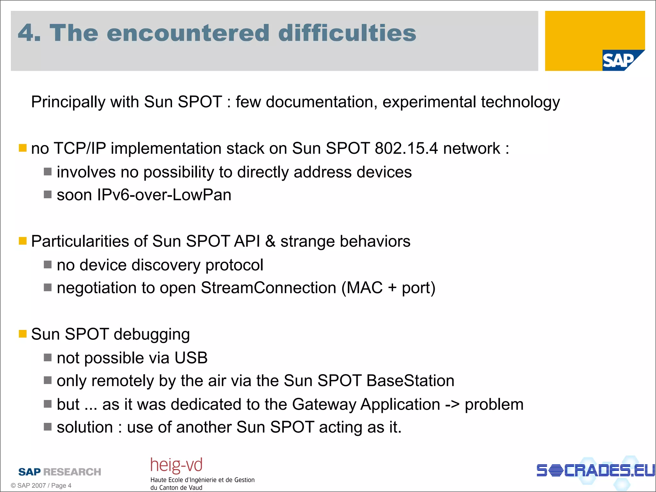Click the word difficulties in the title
point(347,33)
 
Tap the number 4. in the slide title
point(29,33)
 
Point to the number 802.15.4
point(406,148)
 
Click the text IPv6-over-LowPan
point(164,195)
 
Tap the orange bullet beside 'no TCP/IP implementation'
point(22,148)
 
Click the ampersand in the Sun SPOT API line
point(270,241)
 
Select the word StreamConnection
point(268,288)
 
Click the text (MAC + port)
point(388,288)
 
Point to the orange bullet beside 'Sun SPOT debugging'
point(22,334)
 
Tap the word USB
point(191,358)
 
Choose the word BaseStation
point(410,381)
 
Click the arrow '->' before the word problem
point(452,404)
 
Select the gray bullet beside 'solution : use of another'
point(48,427)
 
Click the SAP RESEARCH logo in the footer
point(60,471)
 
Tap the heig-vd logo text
point(176,465)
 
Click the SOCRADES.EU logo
point(595,470)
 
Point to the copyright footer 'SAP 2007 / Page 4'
point(41,486)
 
